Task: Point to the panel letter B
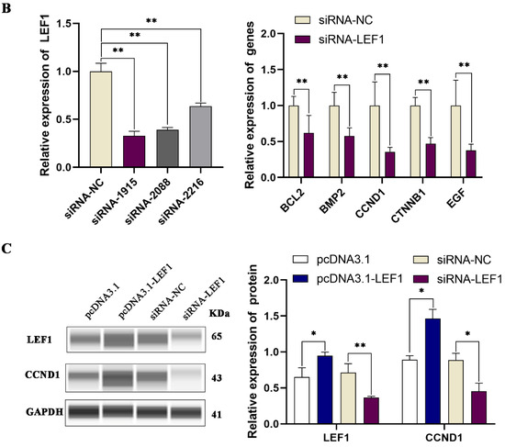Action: (7, 10)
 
